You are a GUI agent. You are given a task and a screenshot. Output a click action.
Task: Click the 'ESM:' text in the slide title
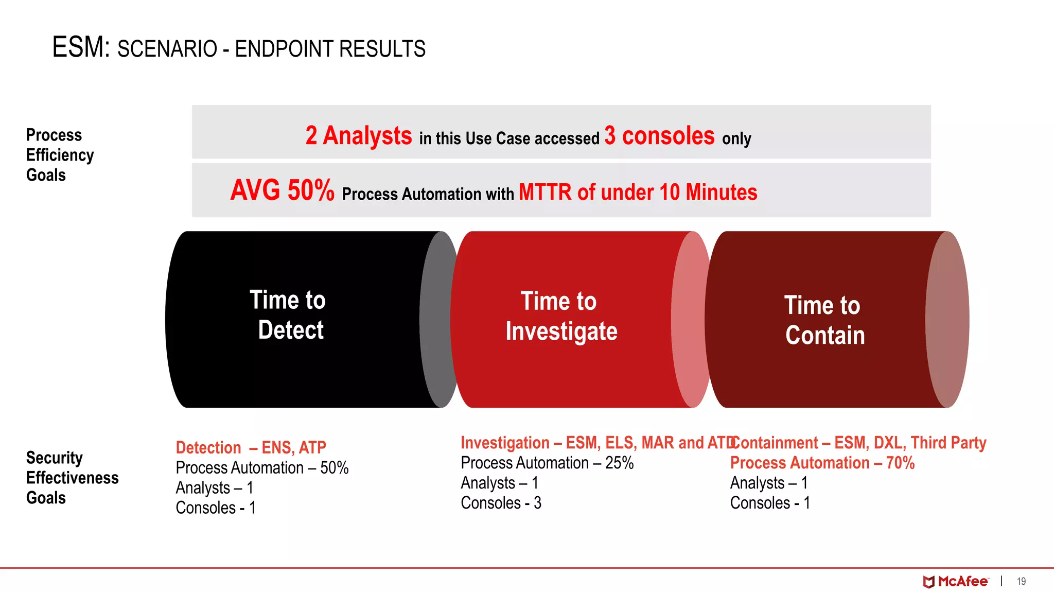81,47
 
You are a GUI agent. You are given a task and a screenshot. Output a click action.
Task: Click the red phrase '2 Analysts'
358,136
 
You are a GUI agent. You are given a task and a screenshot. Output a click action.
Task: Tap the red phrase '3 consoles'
659,136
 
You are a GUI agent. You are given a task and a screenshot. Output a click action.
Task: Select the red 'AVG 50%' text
282,190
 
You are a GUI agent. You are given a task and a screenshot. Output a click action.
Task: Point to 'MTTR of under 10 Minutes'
638,192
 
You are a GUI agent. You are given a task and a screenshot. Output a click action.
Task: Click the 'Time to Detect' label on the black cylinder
289,315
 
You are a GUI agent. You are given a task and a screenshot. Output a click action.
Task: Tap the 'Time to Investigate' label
560,316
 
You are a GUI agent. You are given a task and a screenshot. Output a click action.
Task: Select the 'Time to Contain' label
823,320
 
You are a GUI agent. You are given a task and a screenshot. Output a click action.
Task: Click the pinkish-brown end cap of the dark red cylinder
947,319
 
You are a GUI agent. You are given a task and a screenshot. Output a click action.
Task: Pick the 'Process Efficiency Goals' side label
59,155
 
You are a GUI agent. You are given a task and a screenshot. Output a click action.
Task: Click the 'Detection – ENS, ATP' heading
251,447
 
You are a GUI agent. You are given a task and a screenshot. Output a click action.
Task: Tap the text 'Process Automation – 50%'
261,467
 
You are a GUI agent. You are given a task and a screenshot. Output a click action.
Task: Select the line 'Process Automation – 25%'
547,463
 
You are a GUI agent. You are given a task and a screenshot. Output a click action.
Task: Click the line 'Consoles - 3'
500,503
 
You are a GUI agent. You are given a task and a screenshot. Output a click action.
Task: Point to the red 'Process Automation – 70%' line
822,463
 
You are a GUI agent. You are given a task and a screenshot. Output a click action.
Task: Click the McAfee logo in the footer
955,582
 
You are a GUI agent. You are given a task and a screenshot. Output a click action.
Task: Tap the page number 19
1021,582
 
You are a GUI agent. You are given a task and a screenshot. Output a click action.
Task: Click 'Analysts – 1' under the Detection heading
214,487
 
